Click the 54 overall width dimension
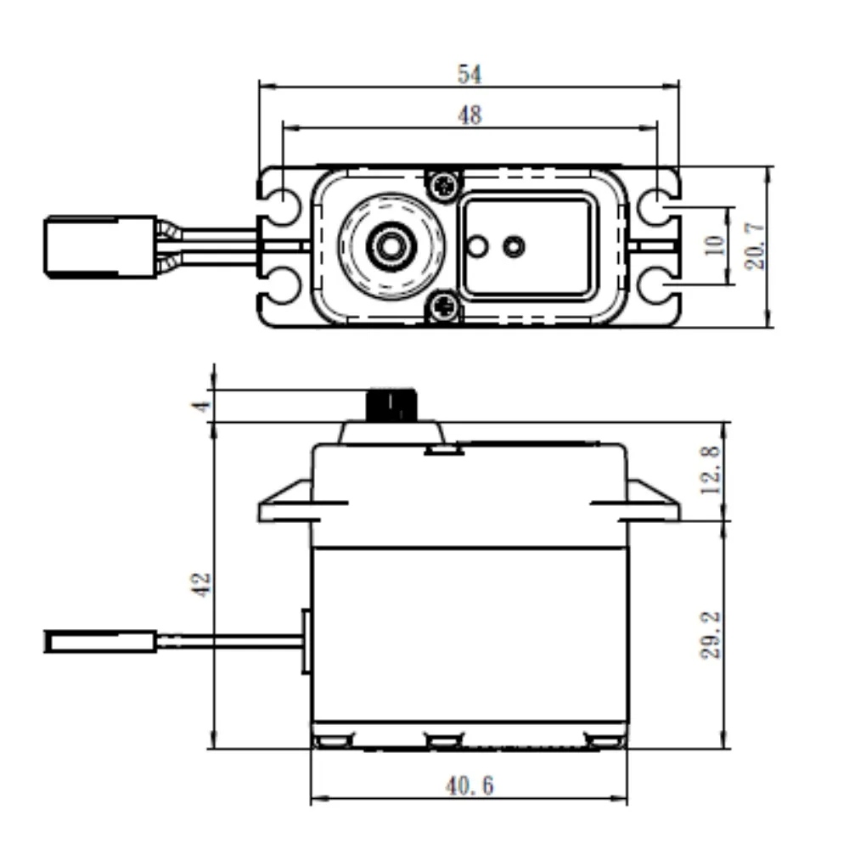[x=469, y=75]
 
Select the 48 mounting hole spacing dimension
[x=469, y=115]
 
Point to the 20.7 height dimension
[x=755, y=247]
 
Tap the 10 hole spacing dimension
[x=715, y=245]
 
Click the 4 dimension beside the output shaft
[x=201, y=405]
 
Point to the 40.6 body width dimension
[x=469, y=786]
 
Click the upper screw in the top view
[x=443, y=183]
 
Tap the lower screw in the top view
[x=443, y=306]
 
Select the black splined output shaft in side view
[x=391, y=405]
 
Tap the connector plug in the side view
[x=100, y=641]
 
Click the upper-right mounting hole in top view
[x=659, y=206]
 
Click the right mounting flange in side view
[x=653, y=503]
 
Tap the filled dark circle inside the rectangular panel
[x=513, y=246]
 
